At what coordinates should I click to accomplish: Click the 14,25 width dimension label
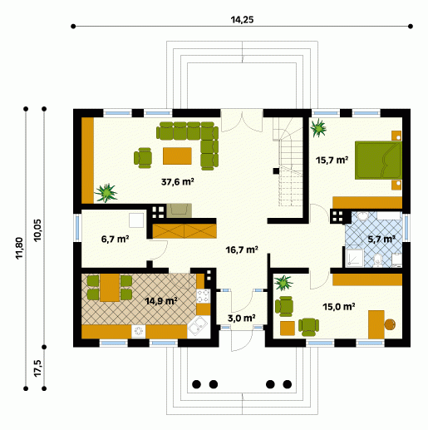coord(242,20)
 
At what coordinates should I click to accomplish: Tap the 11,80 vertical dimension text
coord(19,248)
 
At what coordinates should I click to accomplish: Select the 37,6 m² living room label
coord(178,182)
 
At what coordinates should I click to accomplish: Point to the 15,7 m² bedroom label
coord(332,161)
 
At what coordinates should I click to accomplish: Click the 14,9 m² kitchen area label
coord(161,301)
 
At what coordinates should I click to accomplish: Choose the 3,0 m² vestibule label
coord(241,319)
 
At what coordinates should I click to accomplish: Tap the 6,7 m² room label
coord(115,239)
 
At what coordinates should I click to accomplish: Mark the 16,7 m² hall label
coord(242,250)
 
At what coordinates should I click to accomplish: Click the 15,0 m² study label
coord(339,307)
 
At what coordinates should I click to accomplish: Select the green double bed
coord(378,161)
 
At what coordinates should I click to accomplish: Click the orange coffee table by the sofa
coord(177,156)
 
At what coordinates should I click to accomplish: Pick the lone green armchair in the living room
coord(143,158)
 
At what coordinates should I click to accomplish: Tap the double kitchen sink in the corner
coord(198,325)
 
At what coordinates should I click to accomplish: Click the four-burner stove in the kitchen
coord(203,296)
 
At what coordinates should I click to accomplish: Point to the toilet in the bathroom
coord(377,260)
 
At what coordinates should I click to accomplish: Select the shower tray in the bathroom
coord(355,258)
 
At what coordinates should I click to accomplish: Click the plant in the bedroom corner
coord(318,128)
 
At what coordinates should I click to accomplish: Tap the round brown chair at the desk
coord(390,324)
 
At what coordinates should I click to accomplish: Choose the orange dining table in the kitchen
coord(110,288)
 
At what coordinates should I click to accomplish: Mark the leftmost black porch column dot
coord(196,384)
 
